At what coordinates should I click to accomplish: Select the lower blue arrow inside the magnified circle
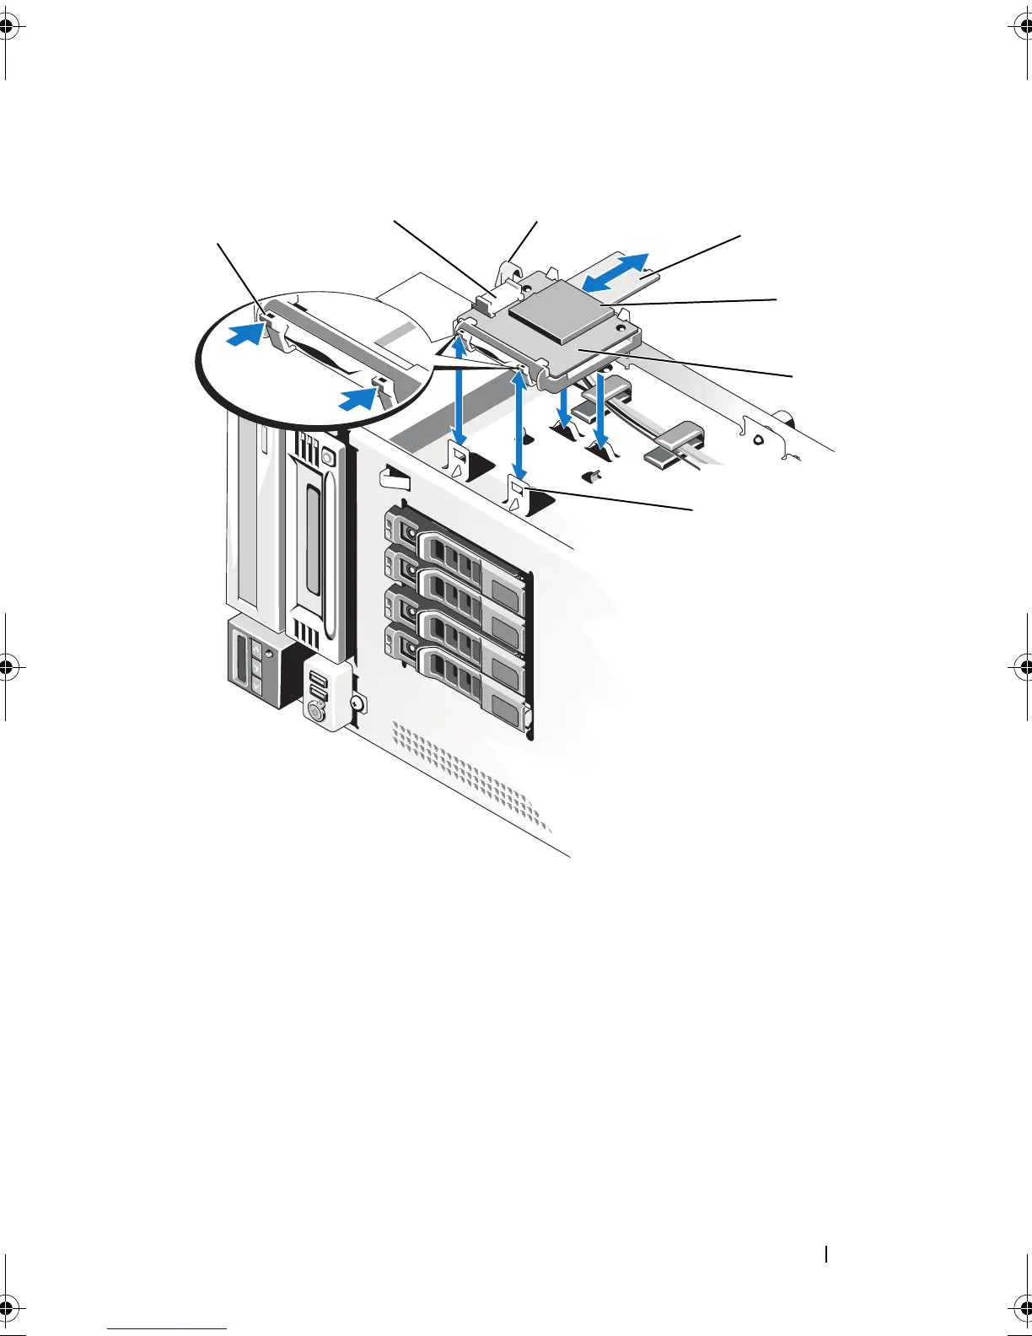click(357, 399)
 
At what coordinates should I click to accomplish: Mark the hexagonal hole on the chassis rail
click(758, 439)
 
